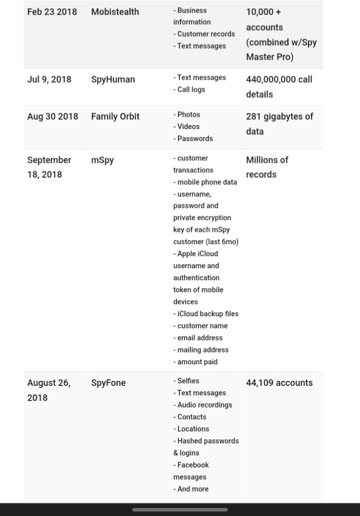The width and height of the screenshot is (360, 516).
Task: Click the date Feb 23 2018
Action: coord(52,12)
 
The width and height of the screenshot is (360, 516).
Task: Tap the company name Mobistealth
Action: coord(115,12)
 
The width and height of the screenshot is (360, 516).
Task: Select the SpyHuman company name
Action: coord(113,79)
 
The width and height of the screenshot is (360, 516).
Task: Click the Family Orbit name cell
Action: coord(115,117)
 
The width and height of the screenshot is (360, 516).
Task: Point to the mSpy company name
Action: coord(102,160)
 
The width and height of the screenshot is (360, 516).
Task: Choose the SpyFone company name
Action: coord(108,383)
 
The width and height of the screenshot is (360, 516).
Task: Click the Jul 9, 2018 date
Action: coord(49,79)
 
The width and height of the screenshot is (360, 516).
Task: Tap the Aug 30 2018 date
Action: coord(52,117)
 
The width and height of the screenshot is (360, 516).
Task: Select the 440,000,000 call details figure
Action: coord(279,87)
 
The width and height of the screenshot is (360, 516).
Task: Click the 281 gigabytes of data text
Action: coord(279,124)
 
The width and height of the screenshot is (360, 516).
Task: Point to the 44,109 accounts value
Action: coord(279,383)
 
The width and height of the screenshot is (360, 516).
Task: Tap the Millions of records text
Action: coord(267,167)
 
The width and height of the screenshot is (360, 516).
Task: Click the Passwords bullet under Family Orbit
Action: coord(195,139)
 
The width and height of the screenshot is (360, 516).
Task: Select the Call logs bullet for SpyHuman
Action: coord(191,90)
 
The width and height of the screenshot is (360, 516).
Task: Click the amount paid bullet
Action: coord(197,362)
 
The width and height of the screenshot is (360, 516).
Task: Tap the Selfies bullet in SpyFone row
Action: coord(188,381)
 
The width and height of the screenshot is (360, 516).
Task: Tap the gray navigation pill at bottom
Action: coord(179,509)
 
